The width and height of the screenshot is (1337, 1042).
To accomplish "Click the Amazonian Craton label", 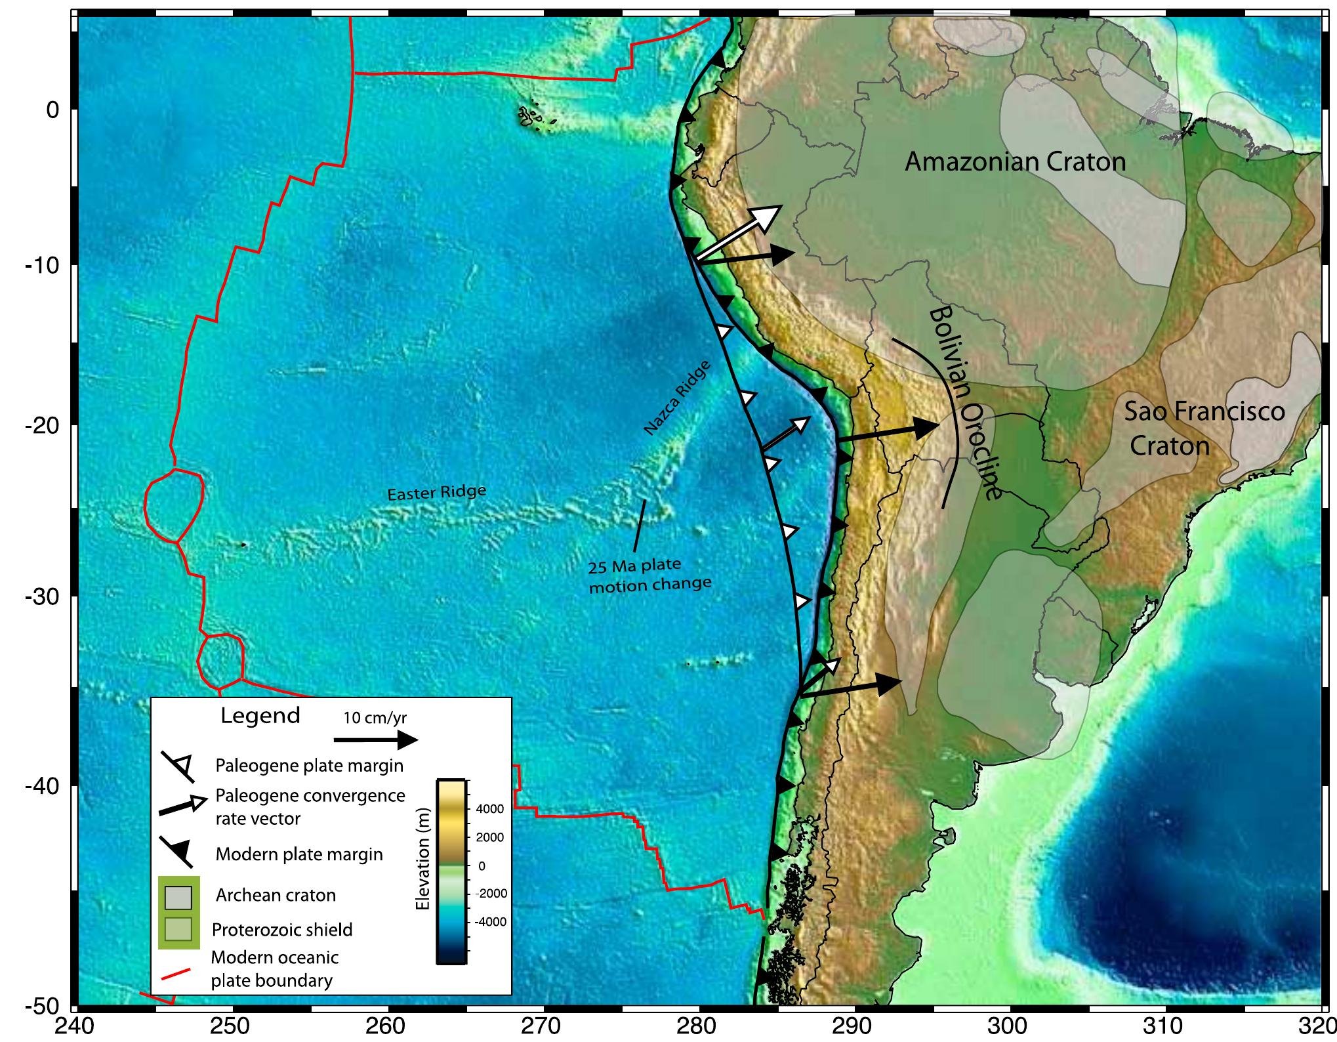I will tap(1015, 161).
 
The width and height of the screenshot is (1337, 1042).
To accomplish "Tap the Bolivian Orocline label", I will tap(967, 403).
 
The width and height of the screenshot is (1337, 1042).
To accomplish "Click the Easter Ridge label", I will tap(437, 492).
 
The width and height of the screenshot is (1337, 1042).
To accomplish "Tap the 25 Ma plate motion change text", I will tap(649, 575).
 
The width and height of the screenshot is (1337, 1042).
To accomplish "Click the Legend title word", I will tap(260, 715).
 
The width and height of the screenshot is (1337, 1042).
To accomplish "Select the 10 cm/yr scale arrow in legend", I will tap(376, 740).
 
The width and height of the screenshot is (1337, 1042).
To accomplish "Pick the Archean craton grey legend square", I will tap(178, 895).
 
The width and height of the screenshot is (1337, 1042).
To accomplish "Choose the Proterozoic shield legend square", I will tap(178, 929).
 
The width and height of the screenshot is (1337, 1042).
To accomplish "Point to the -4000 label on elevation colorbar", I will tap(489, 921).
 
